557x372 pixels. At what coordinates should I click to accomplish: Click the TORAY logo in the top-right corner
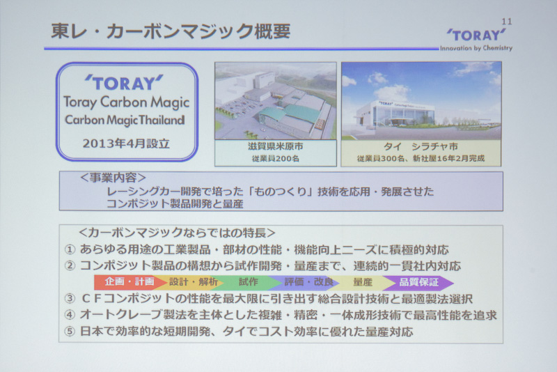(476, 35)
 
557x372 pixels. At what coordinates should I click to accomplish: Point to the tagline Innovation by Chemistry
(476, 48)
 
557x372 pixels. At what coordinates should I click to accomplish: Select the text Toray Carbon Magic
(125, 102)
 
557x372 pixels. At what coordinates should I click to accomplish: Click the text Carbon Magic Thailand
(125, 120)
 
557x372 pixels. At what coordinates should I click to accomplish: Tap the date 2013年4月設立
(125, 145)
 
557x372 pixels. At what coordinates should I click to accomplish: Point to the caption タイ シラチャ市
(421, 147)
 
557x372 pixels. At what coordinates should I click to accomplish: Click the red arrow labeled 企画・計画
(129, 283)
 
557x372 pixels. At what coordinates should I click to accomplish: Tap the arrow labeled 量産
(362, 283)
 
